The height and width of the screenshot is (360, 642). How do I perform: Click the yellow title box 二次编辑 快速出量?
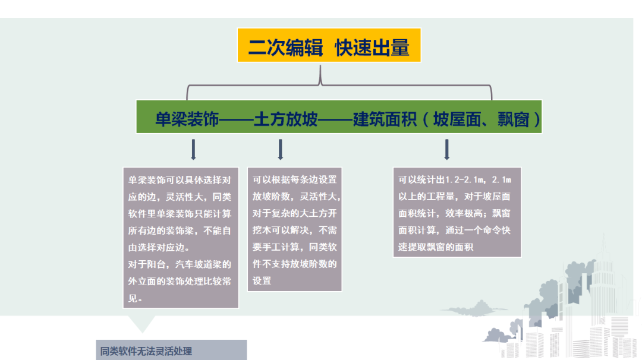coord(329,45)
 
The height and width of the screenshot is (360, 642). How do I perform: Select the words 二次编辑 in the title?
coord(285,48)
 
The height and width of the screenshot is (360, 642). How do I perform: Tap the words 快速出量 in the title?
coord(372,48)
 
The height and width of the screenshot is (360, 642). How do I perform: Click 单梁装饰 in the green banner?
coord(187,119)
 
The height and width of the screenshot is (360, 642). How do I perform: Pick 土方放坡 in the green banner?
coord(286,119)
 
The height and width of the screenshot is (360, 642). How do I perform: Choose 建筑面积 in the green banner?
coord(385,119)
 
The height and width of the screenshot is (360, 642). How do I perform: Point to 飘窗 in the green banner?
coord(514,119)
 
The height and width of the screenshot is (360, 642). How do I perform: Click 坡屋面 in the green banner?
coord(457,119)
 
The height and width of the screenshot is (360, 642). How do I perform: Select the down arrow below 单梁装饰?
coord(193,149)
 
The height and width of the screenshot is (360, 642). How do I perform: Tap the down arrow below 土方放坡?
coord(281,149)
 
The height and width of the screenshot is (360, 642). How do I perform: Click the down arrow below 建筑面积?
coord(446,149)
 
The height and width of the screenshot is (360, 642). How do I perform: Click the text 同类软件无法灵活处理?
coord(146,351)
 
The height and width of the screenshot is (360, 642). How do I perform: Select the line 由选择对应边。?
coord(159,248)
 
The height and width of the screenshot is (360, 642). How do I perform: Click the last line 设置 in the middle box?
coord(262,280)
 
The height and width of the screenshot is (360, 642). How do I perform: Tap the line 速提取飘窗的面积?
coord(436,247)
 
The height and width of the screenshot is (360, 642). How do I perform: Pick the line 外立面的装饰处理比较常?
coord(180,281)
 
